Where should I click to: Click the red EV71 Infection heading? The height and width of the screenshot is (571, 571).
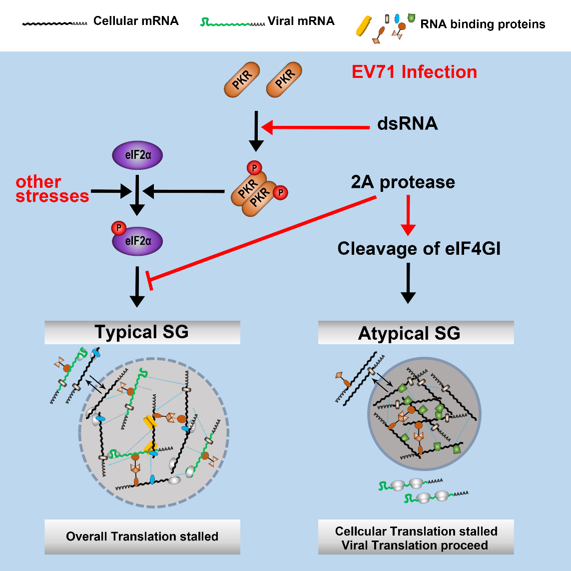pyautogui.click(x=414, y=72)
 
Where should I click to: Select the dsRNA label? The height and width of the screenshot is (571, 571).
pyautogui.click(x=408, y=124)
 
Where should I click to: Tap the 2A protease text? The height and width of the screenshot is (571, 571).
pyautogui.click(x=403, y=182)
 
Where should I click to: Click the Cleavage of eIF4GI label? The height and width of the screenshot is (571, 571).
pyautogui.click(x=419, y=248)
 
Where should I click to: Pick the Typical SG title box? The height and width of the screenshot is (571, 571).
pyautogui.click(x=142, y=333)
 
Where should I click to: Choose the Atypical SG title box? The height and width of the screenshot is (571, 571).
pyautogui.click(x=416, y=333)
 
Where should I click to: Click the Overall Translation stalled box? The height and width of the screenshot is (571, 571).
pyautogui.click(x=142, y=537)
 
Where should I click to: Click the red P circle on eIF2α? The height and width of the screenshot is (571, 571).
pyautogui.click(x=119, y=228)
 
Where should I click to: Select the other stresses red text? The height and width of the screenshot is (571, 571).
pyautogui.click(x=52, y=189)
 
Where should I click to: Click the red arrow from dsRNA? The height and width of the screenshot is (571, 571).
pyautogui.click(x=320, y=127)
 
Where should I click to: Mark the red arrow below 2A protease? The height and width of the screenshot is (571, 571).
pyautogui.click(x=409, y=215)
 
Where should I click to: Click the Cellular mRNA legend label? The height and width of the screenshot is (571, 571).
pyautogui.click(x=136, y=21)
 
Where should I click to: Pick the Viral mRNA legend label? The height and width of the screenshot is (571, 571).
pyautogui.click(x=301, y=21)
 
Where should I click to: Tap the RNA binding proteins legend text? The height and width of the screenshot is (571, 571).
pyautogui.click(x=483, y=24)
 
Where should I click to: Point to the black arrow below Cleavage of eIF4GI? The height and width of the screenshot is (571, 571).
pyautogui.click(x=409, y=283)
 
